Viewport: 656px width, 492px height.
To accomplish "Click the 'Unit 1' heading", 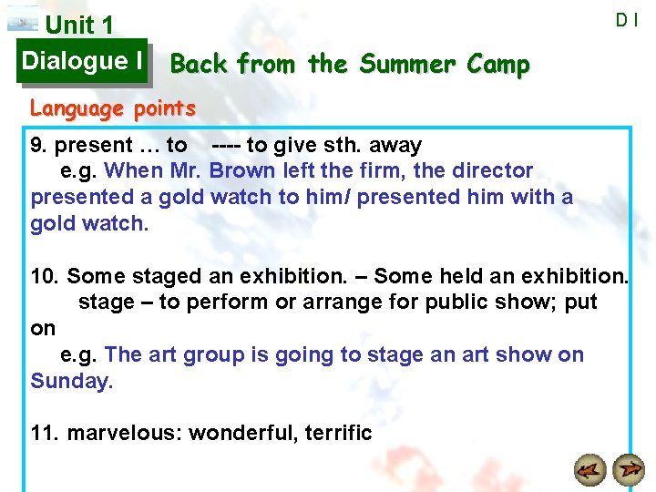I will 79,26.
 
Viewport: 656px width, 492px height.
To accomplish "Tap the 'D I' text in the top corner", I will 626,19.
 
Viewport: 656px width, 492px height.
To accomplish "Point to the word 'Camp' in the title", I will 497,65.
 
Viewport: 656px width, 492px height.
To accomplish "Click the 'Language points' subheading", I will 113,108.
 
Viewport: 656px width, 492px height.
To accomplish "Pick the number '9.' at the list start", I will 40,145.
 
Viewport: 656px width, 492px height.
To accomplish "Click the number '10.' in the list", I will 46,275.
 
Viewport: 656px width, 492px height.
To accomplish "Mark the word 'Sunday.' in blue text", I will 72,381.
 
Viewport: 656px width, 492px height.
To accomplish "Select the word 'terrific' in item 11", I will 338,433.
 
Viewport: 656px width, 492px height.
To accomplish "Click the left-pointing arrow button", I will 591,470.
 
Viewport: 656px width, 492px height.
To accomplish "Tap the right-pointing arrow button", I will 628,470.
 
